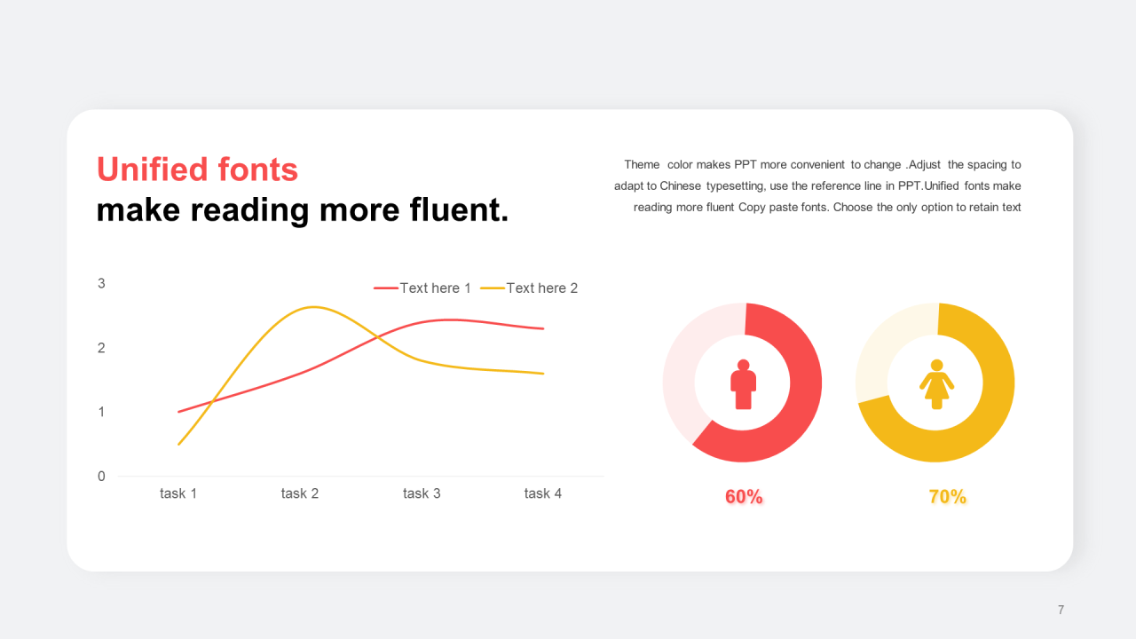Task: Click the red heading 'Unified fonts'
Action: [x=197, y=169]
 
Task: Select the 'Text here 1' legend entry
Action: [x=422, y=288]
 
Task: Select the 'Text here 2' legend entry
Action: [x=529, y=288]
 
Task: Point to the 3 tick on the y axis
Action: [x=101, y=283]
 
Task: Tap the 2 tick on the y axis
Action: [x=101, y=348]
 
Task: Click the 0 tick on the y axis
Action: [x=101, y=477]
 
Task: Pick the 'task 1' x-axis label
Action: [x=178, y=493]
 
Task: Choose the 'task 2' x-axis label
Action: [x=300, y=493]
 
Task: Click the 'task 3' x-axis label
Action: [x=422, y=493]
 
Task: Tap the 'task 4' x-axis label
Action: [x=542, y=493]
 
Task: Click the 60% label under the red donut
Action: [x=744, y=496]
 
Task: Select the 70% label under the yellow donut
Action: [x=947, y=496]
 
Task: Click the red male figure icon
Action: [x=743, y=384]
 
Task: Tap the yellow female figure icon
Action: [x=936, y=384]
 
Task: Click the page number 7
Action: [x=1061, y=610]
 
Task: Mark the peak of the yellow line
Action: [x=314, y=307]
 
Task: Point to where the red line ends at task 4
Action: [x=543, y=328]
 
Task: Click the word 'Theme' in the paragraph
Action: [x=642, y=165]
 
